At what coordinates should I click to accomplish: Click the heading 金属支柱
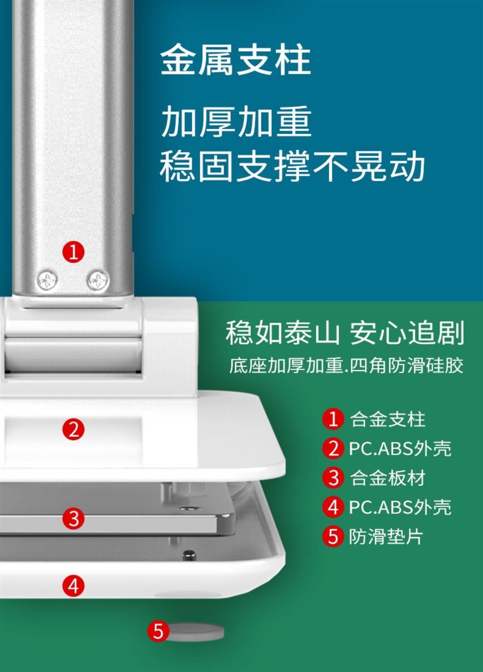[x=236, y=60]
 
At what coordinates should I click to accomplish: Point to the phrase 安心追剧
[x=407, y=332]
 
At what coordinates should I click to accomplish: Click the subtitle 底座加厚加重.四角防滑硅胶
[x=346, y=366]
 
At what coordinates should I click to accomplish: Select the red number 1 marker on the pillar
[x=73, y=252]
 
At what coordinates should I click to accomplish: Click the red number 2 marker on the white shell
[x=73, y=429]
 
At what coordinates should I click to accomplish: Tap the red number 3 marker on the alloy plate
[x=73, y=519]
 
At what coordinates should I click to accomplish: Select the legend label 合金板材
[x=388, y=478]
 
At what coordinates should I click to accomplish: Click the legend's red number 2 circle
[x=333, y=449]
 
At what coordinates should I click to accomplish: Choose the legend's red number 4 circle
[x=333, y=508]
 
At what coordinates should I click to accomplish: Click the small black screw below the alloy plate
[x=189, y=555]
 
